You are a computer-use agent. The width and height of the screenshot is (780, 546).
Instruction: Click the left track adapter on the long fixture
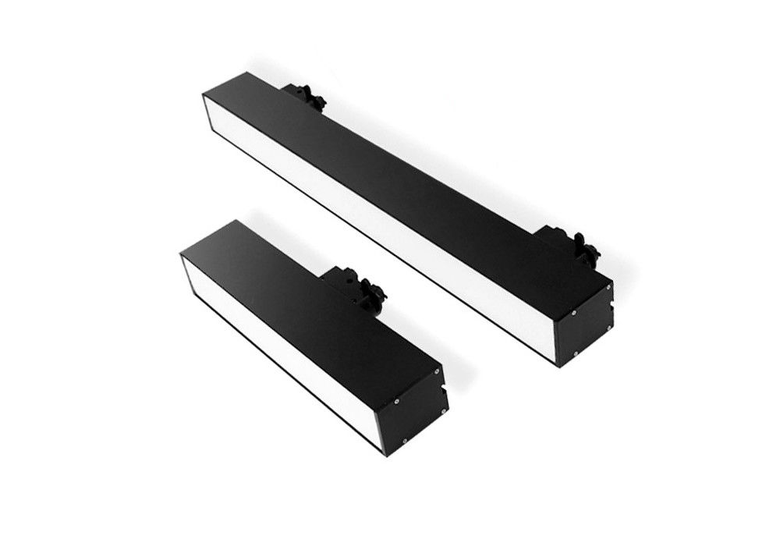tap(306, 97)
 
